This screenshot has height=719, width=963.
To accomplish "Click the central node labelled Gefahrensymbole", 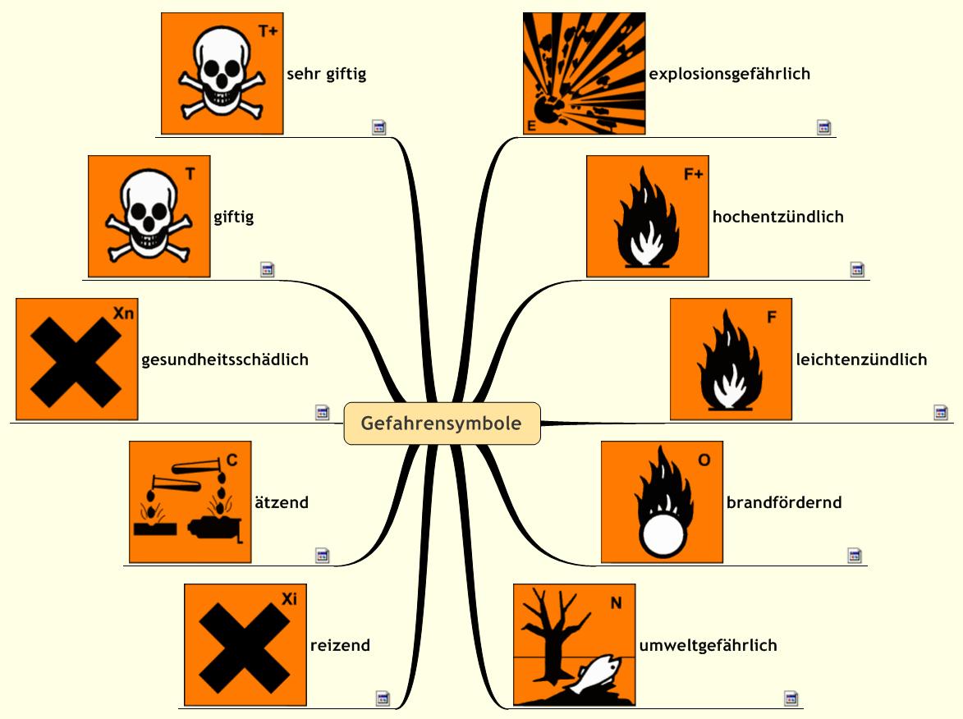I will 442,424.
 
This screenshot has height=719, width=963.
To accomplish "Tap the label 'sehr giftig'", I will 326,74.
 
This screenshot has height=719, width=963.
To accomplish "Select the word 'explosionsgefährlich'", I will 729,74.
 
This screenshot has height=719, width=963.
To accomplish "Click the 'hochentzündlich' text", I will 777,218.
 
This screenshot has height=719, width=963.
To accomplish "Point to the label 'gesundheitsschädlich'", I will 225,359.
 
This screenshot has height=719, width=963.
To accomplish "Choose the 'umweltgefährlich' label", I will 708,645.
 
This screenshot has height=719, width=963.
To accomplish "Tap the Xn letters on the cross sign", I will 123,314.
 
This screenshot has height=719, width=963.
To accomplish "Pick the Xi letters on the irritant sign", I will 289,599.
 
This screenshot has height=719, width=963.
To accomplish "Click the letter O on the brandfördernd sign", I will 704,460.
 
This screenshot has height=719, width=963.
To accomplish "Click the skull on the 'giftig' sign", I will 148,204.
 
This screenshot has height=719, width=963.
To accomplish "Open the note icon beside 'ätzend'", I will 322,556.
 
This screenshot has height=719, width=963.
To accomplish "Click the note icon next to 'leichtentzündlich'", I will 940,413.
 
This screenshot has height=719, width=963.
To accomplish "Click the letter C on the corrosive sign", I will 232,460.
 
